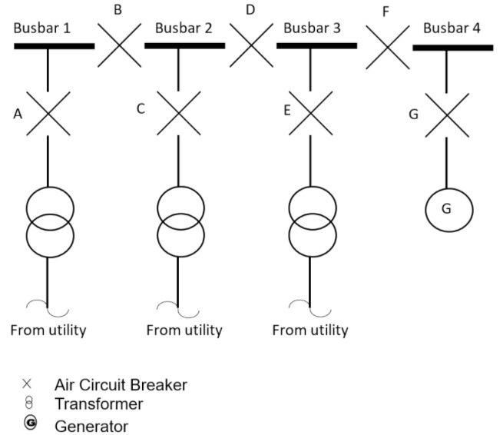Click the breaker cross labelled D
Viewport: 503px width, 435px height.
pyautogui.click(x=251, y=45)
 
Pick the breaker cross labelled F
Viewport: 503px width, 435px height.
pyautogui.click(x=387, y=46)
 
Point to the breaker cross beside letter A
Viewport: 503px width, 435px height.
pyautogui.click(x=49, y=113)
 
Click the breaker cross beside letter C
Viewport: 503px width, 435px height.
pyautogui.click(x=179, y=113)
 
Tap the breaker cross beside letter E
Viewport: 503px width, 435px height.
pyautogui.click(x=310, y=113)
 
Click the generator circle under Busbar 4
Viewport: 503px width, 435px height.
pyautogui.click(x=449, y=209)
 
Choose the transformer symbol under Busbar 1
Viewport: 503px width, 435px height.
pyautogui.click(x=50, y=219)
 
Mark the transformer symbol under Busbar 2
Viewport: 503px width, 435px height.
pyautogui.click(x=180, y=219)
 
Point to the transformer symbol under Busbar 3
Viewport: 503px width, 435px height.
pyautogui.click(x=312, y=219)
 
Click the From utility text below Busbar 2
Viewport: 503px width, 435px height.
pyautogui.click(x=184, y=330)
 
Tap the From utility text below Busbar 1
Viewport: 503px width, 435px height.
pyautogui.click(x=48, y=330)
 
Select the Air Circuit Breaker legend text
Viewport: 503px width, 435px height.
pyautogui.click(x=121, y=384)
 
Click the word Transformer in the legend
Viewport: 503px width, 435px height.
pyautogui.click(x=98, y=403)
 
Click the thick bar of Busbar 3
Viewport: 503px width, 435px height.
pyautogui.click(x=316, y=46)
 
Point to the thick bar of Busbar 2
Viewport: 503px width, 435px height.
pyautogui.click(x=184, y=46)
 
